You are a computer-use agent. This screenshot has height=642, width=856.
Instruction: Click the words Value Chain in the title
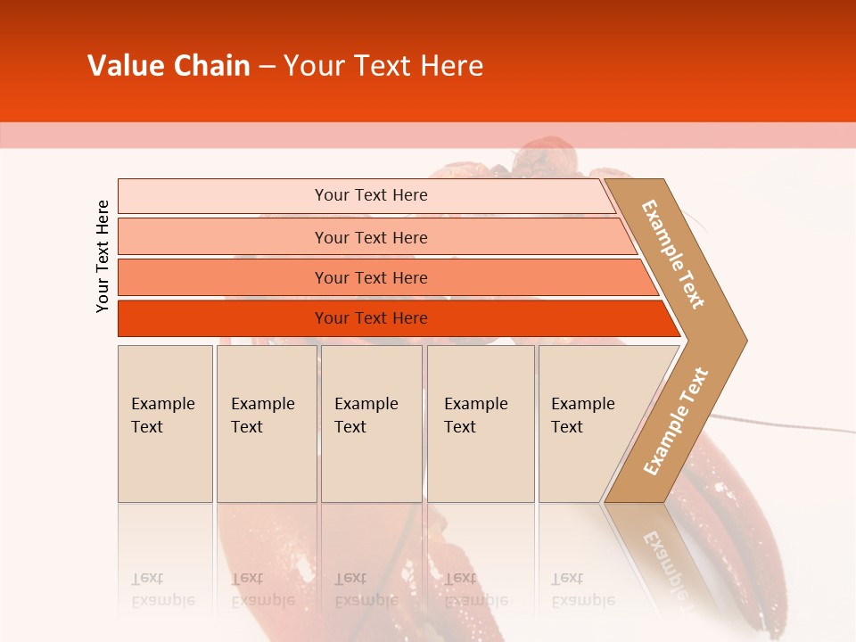click(x=169, y=66)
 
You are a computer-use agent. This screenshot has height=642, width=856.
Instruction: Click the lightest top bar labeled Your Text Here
click(x=370, y=195)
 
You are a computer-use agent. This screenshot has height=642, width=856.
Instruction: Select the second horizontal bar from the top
click(x=370, y=237)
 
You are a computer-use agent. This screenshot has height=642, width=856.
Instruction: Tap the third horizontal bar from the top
click(x=370, y=277)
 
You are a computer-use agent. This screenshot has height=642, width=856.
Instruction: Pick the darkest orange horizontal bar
click(x=370, y=318)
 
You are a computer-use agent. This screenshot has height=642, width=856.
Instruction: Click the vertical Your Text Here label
click(x=103, y=256)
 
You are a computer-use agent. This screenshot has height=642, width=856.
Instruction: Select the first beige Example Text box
click(x=165, y=424)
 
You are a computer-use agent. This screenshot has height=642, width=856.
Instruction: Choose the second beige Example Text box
click(x=266, y=424)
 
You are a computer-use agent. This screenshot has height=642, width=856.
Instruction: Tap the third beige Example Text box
click(x=371, y=424)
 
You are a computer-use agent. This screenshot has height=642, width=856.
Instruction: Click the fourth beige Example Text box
click(x=480, y=424)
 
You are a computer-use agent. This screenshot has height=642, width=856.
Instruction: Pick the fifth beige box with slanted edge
click(x=588, y=424)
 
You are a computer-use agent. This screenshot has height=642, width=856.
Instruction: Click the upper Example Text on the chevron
click(x=673, y=254)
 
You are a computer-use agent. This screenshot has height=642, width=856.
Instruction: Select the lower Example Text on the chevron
click(x=676, y=421)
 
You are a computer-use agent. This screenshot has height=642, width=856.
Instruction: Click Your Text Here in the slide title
click(x=383, y=66)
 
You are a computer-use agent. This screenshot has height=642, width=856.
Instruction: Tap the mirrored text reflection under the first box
click(x=163, y=589)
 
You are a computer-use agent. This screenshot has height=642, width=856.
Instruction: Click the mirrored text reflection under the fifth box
click(x=583, y=589)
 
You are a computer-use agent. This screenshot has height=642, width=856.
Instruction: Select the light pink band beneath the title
click(x=428, y=135)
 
